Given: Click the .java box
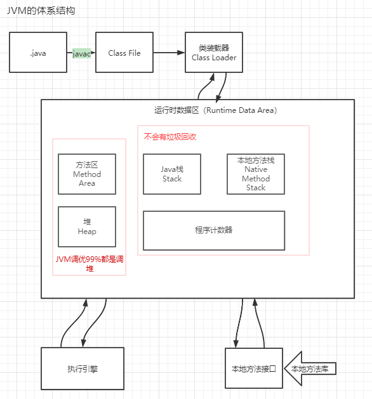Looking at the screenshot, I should (38, 53).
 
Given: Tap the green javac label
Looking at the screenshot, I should (82, 53).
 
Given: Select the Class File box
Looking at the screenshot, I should (124, 53).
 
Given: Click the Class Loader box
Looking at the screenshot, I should (214, 53).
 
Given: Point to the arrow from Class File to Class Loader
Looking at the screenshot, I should (168, 53).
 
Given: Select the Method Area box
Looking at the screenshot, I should (87, 174).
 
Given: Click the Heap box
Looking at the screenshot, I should (87, 226).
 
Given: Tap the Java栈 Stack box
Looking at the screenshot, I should (172, 174).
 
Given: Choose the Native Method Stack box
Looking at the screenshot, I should (256, 174).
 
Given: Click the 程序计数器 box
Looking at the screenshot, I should (214, 230).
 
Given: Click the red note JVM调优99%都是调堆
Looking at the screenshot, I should (89, 264).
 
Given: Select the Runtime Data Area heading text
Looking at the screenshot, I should (215, 110).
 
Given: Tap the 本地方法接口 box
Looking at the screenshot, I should (254, 368).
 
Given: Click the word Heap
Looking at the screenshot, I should (87, 232).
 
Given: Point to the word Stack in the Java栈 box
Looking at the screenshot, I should (172, 179).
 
